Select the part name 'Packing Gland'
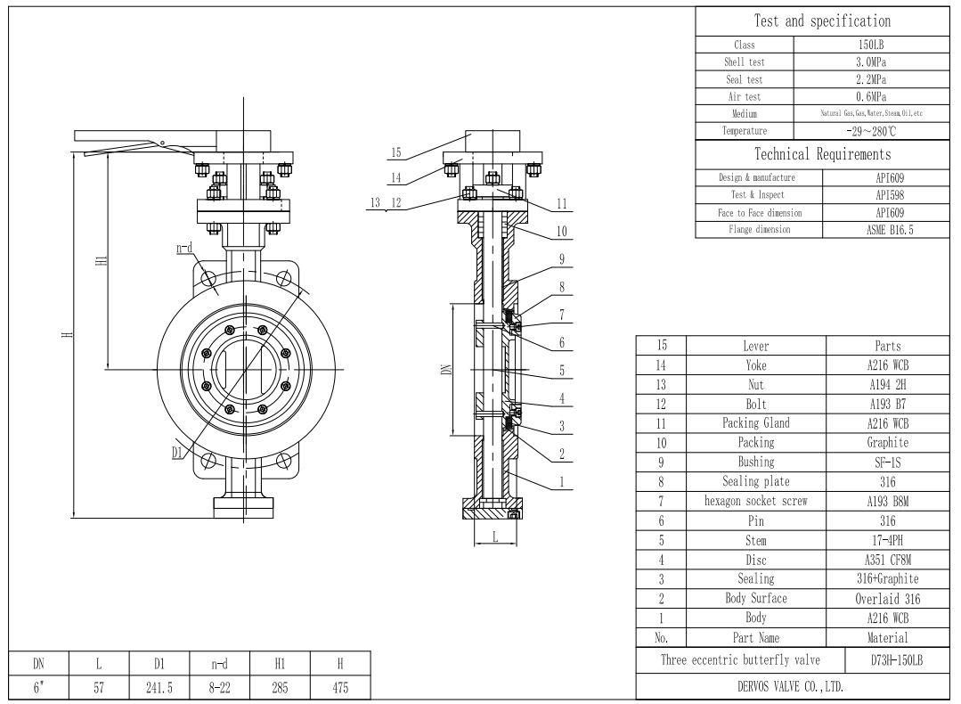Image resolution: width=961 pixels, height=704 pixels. (x=745, y=422)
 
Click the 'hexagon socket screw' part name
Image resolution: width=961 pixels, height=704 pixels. (x=745, y=501)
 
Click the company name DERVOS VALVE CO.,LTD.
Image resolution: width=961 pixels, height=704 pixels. (x=797, y=686)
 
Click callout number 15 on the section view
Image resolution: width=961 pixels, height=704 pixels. (x=395, y=152)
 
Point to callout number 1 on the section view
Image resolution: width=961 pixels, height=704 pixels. (x=562, y=482)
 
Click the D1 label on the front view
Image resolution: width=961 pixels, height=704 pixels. (x=178, y=453)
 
